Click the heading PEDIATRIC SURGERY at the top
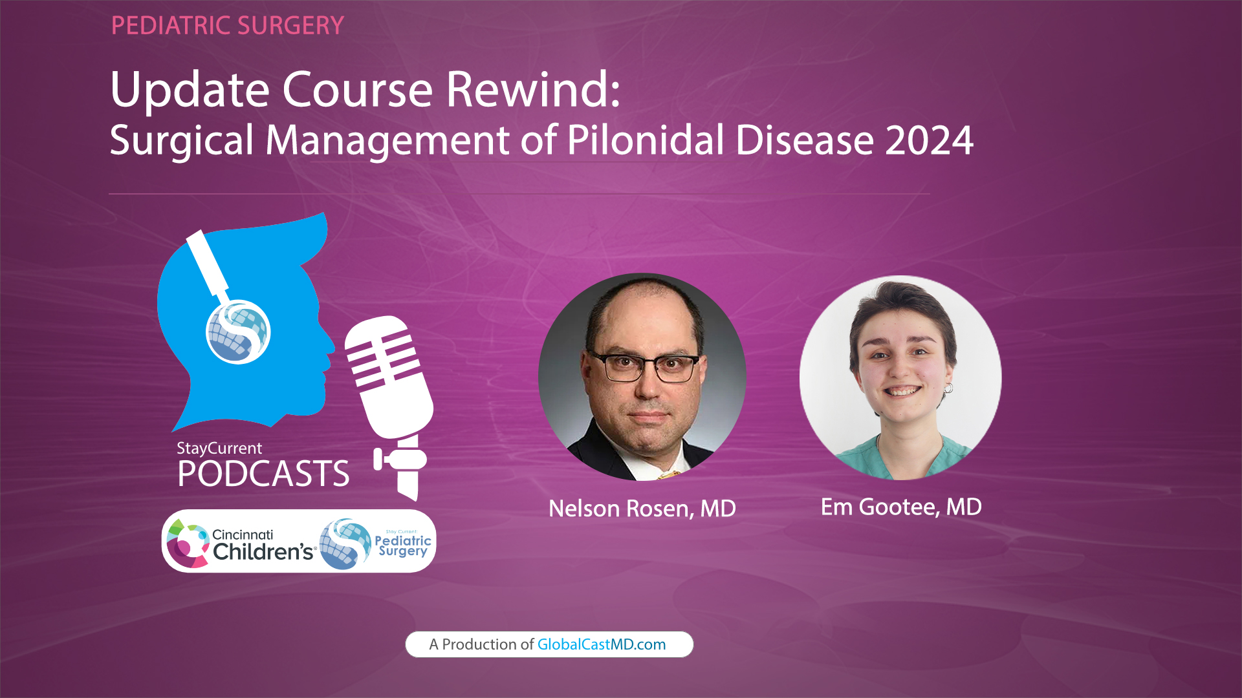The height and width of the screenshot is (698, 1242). tap(227, 26)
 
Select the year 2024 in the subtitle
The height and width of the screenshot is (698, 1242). tap(929, 140)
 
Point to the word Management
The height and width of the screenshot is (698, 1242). tap(387, 142)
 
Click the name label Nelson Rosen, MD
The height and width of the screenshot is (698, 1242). tap(642, 509)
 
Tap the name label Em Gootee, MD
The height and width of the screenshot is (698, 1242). tap(901, 507)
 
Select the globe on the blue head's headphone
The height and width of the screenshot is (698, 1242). tap(238, 332)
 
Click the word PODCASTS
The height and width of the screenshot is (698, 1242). tap(263, 474)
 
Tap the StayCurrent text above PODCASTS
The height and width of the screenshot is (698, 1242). tap(219, 448)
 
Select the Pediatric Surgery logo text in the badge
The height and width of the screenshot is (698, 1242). tap(402, 545)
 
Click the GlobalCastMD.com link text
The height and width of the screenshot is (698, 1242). tap(601, 644)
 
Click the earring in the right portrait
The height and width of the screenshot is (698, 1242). tap(949, 388)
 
